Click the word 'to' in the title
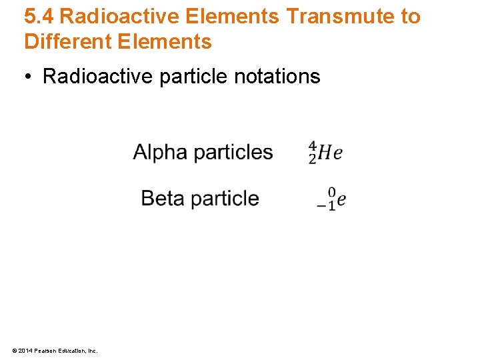(x=410, y=17)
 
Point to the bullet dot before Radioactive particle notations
(x=29, y=77)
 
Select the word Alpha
(x=160, y=152)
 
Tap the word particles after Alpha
(x=233, y=153)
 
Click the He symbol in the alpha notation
(x=330, y=153)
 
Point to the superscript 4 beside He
(x=312, y=146)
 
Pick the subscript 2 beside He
(x=312, y=159)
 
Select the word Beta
(x=162, y=198)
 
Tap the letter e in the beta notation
(x=341, y=200)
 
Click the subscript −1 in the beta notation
(x=326, y=206)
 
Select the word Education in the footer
(x=69, y=350)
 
